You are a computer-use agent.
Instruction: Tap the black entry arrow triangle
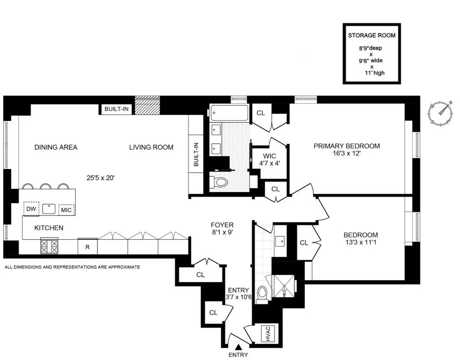click(x=238, y=347)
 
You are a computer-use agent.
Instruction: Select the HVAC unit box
click(x=265, y=333)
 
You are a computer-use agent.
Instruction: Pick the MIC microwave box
click(x=66, y=209)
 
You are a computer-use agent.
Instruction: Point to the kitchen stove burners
click(x=49, y=246)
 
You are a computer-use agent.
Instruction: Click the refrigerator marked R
click(x=87, y=247)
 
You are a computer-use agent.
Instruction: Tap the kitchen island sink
click(x=49, y=209)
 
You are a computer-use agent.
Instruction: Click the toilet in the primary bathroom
click(x=219, y=181)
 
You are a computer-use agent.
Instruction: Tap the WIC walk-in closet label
click(x=269, y=156)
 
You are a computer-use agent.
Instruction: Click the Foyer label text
click(x=222, y=225)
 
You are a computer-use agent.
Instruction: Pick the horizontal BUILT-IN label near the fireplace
click(x=117, y=109)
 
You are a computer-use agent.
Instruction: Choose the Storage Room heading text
click(x=371, y=36)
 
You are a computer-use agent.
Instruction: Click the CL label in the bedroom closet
click(x=304, y=242)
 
